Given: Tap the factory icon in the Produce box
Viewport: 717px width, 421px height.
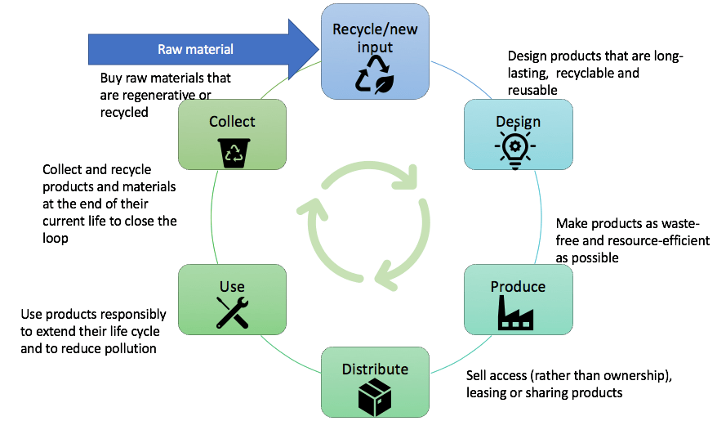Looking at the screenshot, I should (518, 314).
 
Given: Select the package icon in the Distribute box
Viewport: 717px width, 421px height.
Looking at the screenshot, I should (376, 396).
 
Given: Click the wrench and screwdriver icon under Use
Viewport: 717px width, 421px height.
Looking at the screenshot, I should (232, 312).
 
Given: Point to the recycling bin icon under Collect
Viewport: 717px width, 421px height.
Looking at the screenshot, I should (232, 150).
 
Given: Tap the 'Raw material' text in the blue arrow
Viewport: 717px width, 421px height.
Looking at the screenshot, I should (195, 49).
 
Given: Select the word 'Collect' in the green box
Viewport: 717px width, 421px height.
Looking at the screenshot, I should (232, 122).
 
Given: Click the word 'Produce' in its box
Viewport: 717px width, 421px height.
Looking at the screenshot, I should (518, 286).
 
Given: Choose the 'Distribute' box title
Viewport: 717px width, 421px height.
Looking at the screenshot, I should (376, 369).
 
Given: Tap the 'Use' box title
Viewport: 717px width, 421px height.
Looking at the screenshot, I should (232, 286).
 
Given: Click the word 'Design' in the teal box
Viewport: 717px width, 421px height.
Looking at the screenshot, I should (518, 122).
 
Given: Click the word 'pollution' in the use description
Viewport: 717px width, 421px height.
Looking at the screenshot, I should (128, 348).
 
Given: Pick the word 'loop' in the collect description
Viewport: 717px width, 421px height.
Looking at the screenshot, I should (56, 239).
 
